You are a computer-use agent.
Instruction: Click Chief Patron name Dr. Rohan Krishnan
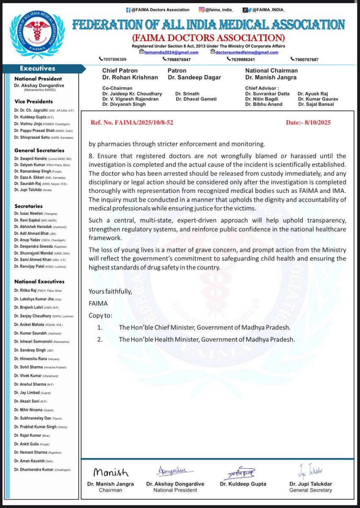point(130,77)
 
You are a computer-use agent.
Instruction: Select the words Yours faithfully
point(110,291)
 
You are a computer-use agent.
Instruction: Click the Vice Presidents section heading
point(34,102)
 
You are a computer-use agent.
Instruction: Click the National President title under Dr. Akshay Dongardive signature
point(171,490)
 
